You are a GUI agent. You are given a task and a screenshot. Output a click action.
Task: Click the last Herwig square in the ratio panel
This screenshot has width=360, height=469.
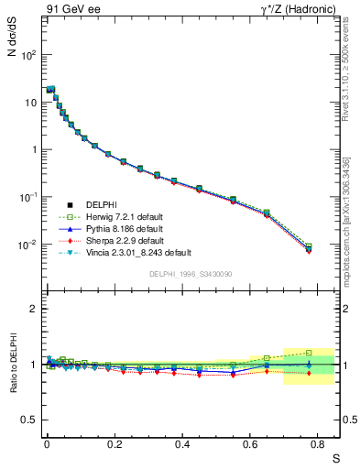[x=309, y=353]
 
